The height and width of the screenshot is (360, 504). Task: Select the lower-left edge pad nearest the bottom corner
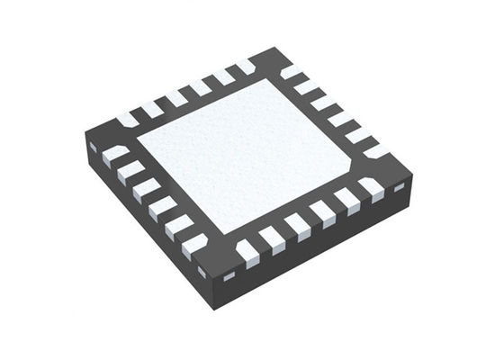tap(193, 244)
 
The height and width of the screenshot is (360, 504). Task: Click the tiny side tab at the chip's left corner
tap(93, 146)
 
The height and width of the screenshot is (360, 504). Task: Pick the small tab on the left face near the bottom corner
tap(202, 272)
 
